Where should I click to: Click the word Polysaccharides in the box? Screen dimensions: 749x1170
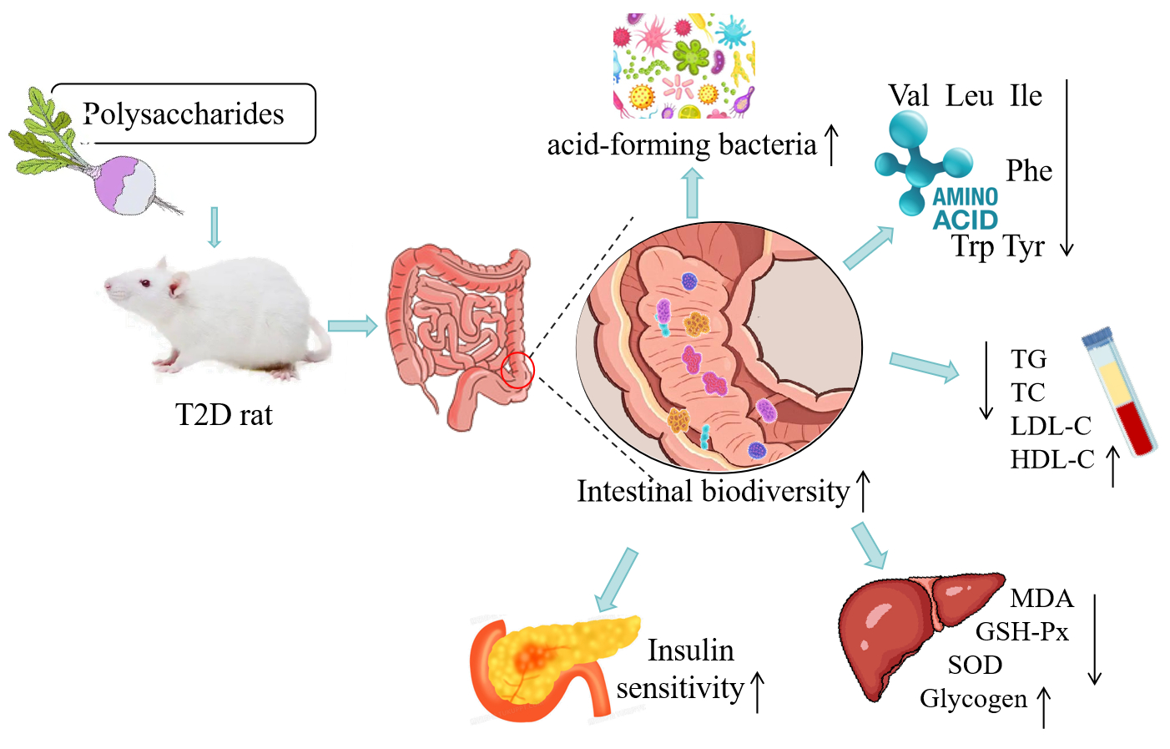[184, 114]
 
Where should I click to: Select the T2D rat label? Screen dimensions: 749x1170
[224, 415]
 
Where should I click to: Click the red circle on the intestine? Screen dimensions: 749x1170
[517, 370]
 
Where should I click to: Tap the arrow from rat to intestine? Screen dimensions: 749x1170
[352, 326]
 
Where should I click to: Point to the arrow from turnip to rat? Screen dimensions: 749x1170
[214, 227]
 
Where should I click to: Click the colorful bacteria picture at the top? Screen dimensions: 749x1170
[683, 65]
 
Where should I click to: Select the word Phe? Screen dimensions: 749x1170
[1028, 171]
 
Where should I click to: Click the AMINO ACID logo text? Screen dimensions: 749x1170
[965, 209]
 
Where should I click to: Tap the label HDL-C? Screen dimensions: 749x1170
[1051, 459]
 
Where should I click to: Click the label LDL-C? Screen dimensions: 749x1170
[1051, 426]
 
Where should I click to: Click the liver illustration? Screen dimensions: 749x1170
[910, 626]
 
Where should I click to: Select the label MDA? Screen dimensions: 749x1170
[1041, 599]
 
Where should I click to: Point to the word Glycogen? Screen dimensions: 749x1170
[973, 698]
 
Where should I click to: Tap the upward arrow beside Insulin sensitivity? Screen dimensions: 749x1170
[758, 692]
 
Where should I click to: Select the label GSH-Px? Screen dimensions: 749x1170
[1021, 632]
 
